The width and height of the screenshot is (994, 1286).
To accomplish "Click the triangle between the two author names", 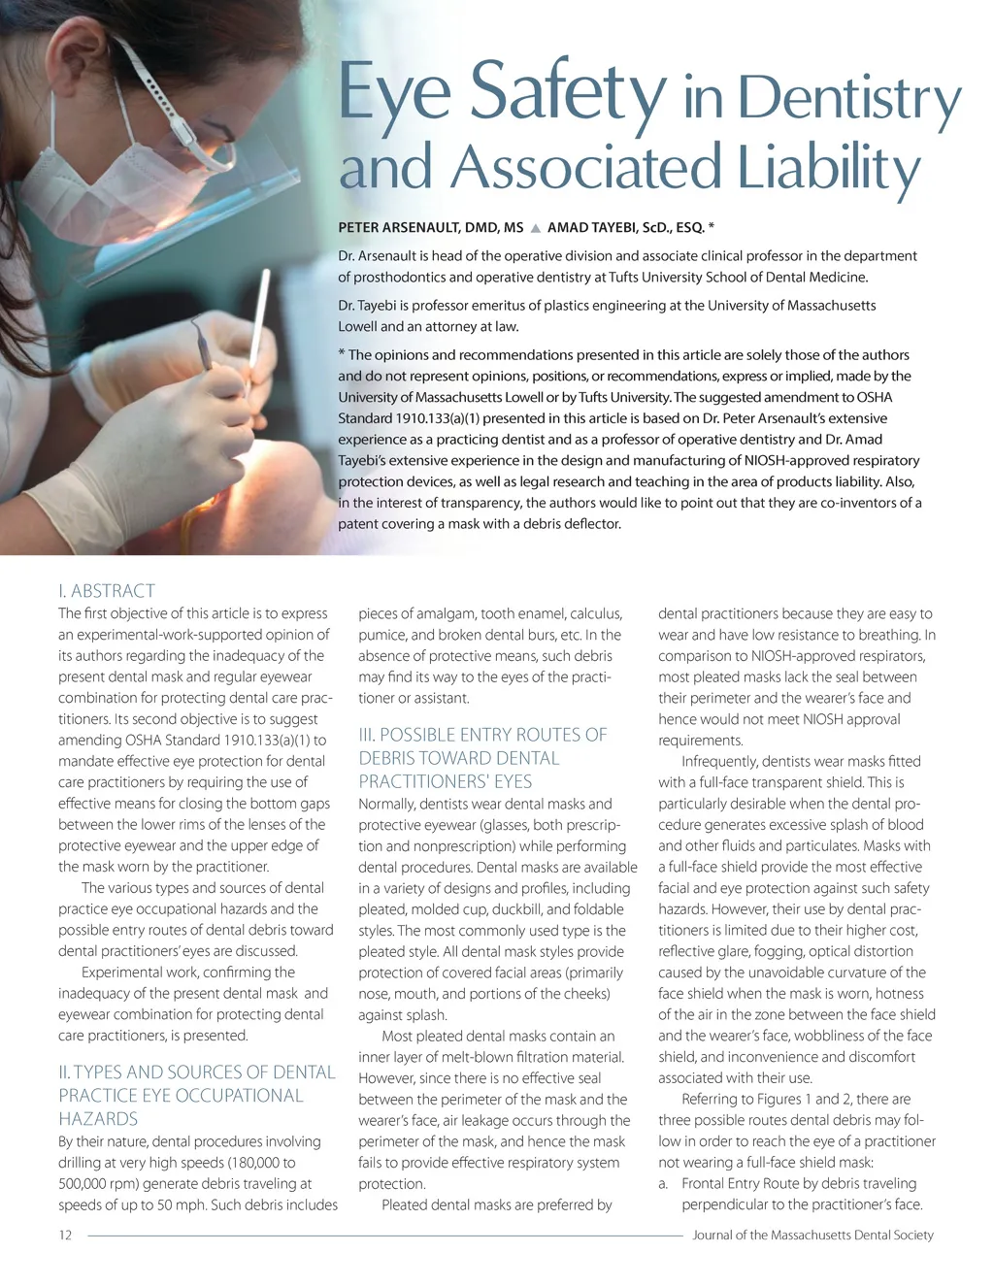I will (535, 228).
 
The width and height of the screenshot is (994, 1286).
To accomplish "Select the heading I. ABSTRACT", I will (107, 590).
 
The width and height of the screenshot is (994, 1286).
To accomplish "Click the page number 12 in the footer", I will (65, 1236).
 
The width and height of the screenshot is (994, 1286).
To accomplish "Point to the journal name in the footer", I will (812, 1236).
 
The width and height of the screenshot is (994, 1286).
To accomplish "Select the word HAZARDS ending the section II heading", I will (98, 1119).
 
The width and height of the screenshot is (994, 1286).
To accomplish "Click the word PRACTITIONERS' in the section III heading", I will (446, 781).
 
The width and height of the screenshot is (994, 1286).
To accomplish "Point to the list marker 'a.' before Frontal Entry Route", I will (664, 1184).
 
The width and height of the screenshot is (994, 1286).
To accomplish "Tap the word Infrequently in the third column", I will (721, 762).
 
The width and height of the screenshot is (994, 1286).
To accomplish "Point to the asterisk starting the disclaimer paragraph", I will (342, 354).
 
